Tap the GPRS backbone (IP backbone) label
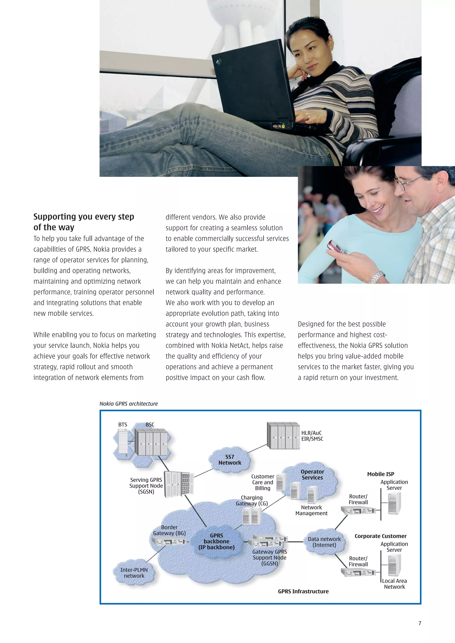pyautogui.click(x=216, y=541)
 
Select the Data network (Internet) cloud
pyautogui.click(x=324, y=542)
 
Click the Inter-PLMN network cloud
pyautogui.click(x=134, y=573)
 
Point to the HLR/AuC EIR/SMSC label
pyautogui.click(x=312, y=436)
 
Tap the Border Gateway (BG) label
pyautogui.click(x=169, y=530)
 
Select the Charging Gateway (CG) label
pyautogui.click(x=251, y=501)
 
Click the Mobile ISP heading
pyautogui.click(x=380, y=474)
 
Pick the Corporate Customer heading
pyautogui.click(x=380, y=536)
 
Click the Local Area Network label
pyautogui.click(x=394, y=584)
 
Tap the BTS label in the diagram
pyautogui.click(x=122, y=424)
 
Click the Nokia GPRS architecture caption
pyautogui.click(x=129, y=404)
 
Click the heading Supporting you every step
pyautogui.click(x=84, y=217)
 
